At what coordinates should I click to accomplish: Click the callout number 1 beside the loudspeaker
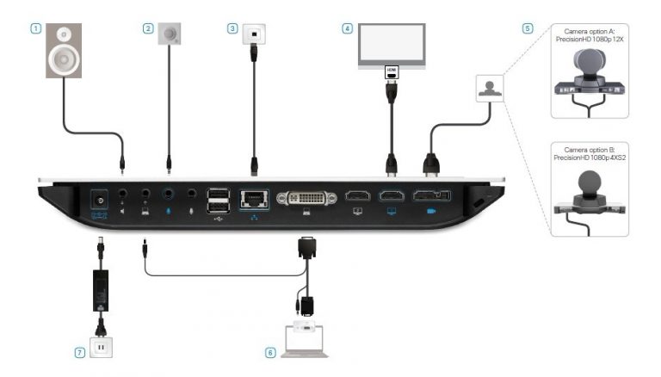click(36, 28)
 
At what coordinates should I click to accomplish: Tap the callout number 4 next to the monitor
click(347, 28)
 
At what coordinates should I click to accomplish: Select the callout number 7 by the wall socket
click(80, 353)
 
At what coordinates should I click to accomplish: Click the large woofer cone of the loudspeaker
click(64, 59)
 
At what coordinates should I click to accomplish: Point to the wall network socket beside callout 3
click(254, 34)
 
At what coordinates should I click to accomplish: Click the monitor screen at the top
click(392, 44)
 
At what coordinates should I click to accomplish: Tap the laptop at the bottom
click(305, 342)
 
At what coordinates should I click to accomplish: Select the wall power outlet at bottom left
click(102, 348)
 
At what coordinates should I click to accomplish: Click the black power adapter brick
click(101, 291)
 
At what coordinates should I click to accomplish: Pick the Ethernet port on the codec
click(254, 199)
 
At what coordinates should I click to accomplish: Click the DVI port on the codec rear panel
click(306, 198)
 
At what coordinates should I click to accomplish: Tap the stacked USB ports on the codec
click(218, 201)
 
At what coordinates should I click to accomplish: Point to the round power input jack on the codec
click(100, 201)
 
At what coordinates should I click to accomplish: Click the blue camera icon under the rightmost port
click(431, 211)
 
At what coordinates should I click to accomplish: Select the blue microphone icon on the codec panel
click(168, 210)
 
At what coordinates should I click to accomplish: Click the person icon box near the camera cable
click(490, 89)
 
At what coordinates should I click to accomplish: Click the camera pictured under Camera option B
click(590, 193)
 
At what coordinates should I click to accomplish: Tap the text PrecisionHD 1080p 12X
click(590, 40)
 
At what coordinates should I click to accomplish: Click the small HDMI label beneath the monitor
click(392, 72)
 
